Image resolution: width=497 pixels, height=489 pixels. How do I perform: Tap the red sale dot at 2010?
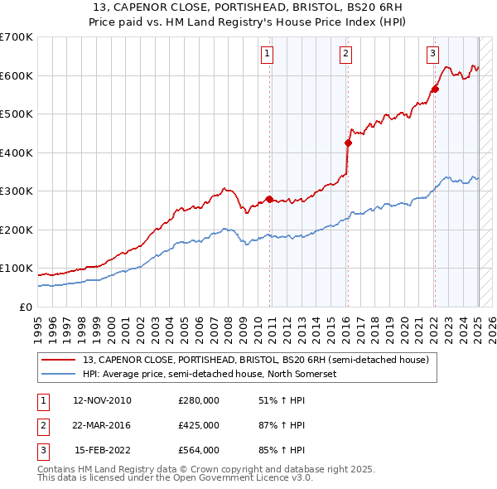point(269,199)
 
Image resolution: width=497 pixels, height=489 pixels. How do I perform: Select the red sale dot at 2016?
point(348,143)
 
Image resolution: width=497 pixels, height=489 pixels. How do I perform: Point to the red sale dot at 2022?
point(435,90)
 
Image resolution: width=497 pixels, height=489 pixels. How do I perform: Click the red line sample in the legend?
point(59,360)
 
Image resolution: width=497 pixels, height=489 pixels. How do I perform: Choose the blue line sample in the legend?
point(59,374)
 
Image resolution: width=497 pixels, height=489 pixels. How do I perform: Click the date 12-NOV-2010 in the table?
point(102,400)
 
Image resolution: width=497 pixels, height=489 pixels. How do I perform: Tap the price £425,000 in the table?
point(199,425)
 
